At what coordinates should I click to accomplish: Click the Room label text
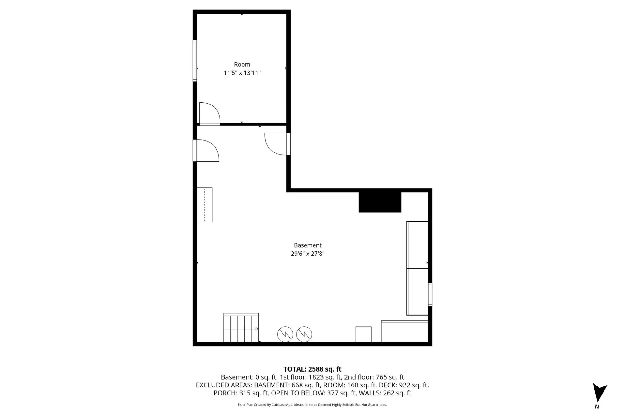coord(242,64)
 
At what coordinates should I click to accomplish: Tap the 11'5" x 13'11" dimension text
coord(242,73)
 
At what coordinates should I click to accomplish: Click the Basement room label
coord(308,245)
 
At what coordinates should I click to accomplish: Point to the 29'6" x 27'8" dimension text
coord(308,254)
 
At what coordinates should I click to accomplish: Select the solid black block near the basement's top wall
coord(380,202)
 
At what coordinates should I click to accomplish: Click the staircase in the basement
coord(241,328)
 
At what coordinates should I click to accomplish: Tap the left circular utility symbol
coord(285,334)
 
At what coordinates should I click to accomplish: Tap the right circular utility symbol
coord(304,334)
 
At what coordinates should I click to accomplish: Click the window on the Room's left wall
coord(195,61)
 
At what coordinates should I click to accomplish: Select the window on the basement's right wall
coord(430,295)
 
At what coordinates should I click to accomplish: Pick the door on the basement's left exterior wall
coord(206,151)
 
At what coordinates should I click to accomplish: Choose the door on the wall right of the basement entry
coord(277,144)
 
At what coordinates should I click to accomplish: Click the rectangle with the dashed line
coord(205,205)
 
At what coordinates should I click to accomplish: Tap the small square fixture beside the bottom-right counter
coord(363,334)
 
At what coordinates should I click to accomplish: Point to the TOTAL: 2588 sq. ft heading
coord(312,369)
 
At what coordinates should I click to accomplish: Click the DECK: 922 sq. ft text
coord(404,385)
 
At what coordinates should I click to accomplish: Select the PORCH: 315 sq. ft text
coord(241,393)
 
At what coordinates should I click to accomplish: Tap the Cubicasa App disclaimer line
coord(312,405)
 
